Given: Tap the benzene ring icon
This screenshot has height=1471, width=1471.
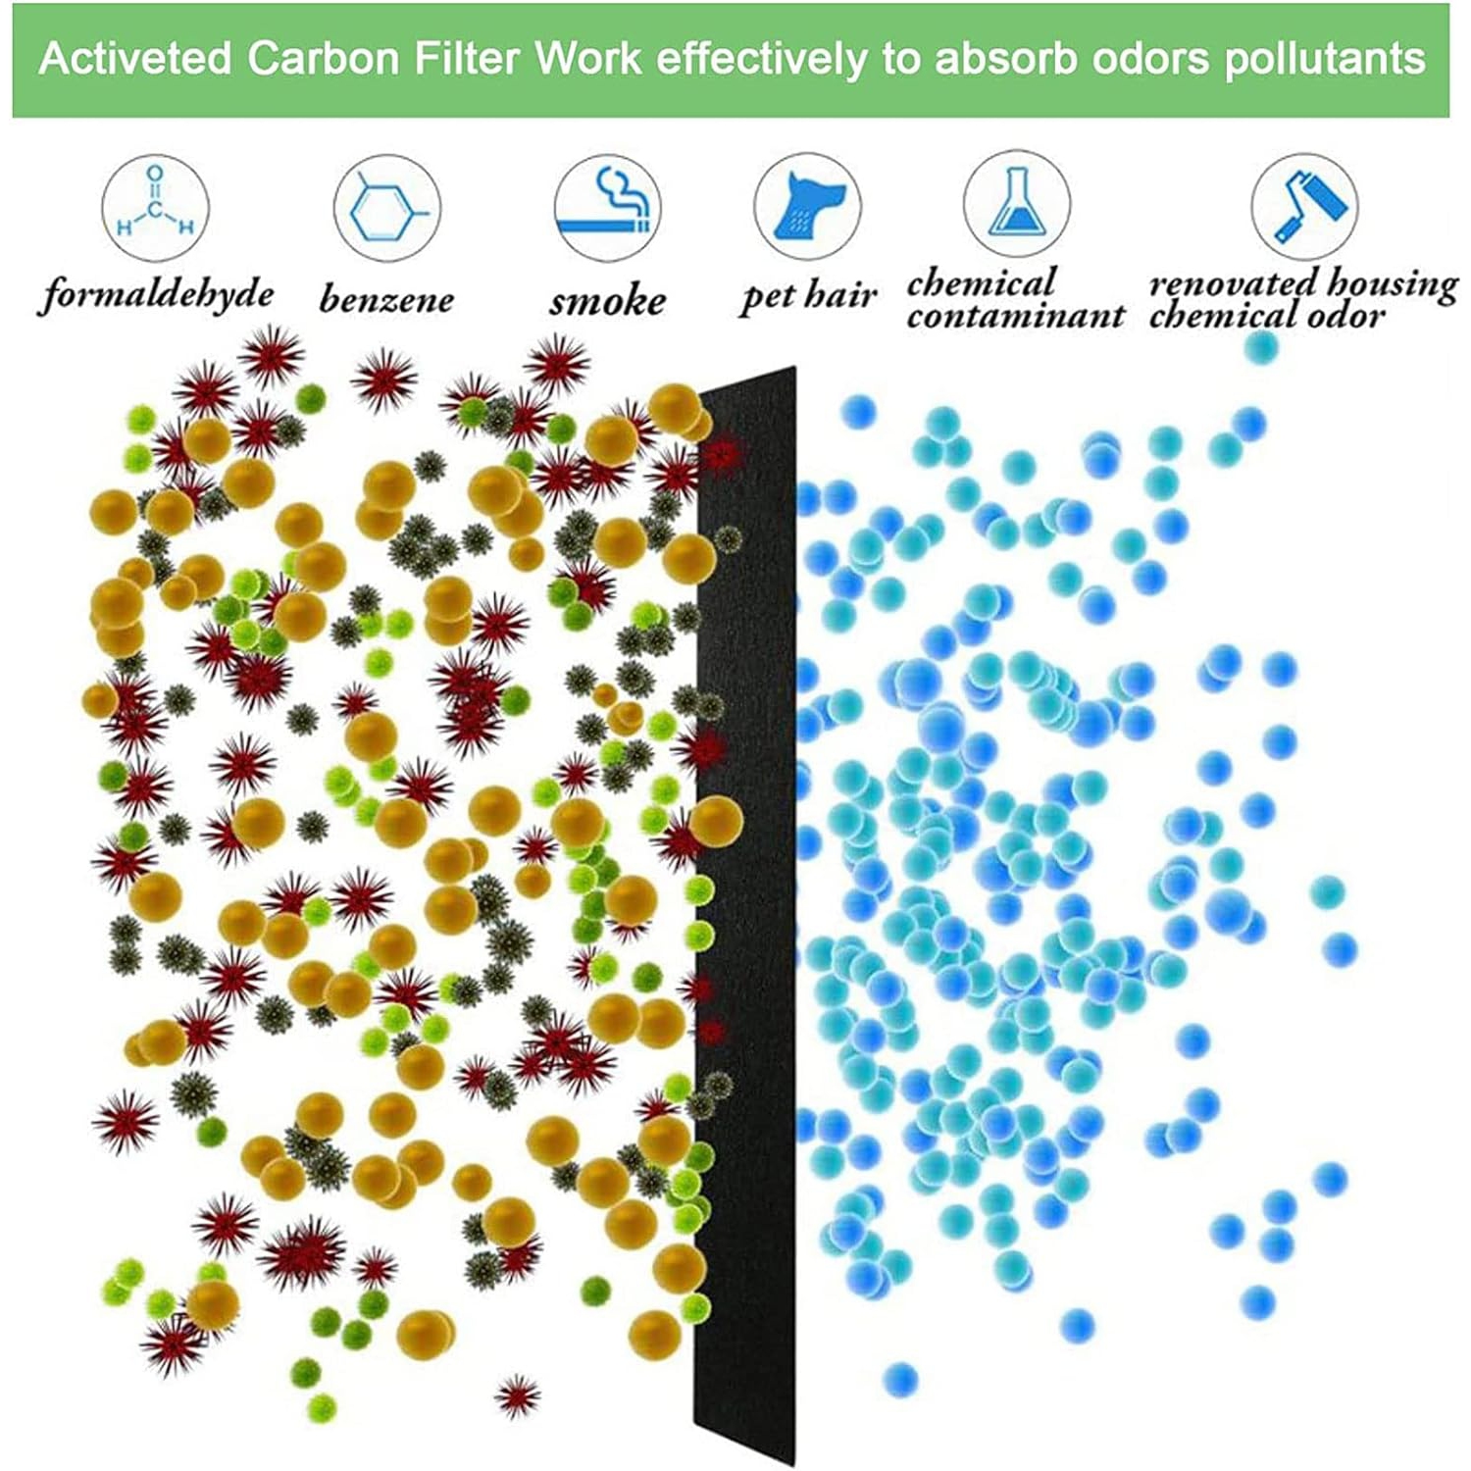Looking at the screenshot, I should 386,209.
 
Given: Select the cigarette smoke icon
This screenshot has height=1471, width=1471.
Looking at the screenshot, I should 607,207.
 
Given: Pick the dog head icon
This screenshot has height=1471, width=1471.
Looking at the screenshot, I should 807,207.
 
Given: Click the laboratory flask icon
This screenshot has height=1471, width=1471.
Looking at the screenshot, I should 1016,204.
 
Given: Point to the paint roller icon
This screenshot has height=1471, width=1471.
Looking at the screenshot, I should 1303,207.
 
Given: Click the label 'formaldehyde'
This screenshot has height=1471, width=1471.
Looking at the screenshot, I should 157,294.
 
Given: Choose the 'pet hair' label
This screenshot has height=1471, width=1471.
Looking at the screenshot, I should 808,295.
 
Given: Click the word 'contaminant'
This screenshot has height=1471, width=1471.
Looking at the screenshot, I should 1015,316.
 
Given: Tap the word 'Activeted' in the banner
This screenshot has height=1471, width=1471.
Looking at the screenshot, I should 135,59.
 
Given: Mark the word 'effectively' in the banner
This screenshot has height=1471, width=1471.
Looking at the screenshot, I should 761,59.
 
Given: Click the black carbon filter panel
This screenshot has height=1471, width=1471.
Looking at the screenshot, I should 745,912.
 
